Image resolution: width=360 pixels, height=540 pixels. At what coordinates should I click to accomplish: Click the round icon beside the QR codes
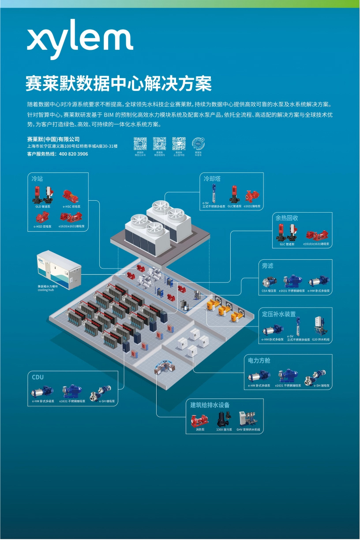tap(198, 144)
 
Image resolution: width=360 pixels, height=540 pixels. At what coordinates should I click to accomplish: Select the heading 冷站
tap(37, 179)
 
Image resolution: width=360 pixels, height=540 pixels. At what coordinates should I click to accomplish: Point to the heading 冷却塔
tap(212, 179)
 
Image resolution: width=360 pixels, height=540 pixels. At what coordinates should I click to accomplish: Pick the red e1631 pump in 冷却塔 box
tap(252, 195)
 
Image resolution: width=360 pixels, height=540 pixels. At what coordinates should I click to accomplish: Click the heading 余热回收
tap(287, 218)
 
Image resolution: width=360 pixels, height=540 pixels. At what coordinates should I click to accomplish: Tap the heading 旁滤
tap(268, 266)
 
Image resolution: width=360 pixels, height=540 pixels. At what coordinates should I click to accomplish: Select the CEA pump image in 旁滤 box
tap(269, 281)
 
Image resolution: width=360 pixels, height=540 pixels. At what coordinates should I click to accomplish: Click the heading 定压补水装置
tap(279, 314)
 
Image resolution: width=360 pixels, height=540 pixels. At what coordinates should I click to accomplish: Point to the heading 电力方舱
tap(259, 360)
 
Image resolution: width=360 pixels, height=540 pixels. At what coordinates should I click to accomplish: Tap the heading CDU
tap(38, 377)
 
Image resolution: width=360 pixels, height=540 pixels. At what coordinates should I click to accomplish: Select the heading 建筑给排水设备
tap(210, 405)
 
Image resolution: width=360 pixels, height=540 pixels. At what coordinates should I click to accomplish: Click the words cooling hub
tap(46, 290)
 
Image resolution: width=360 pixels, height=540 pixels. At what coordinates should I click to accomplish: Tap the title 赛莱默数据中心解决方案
tap(118, 83)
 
